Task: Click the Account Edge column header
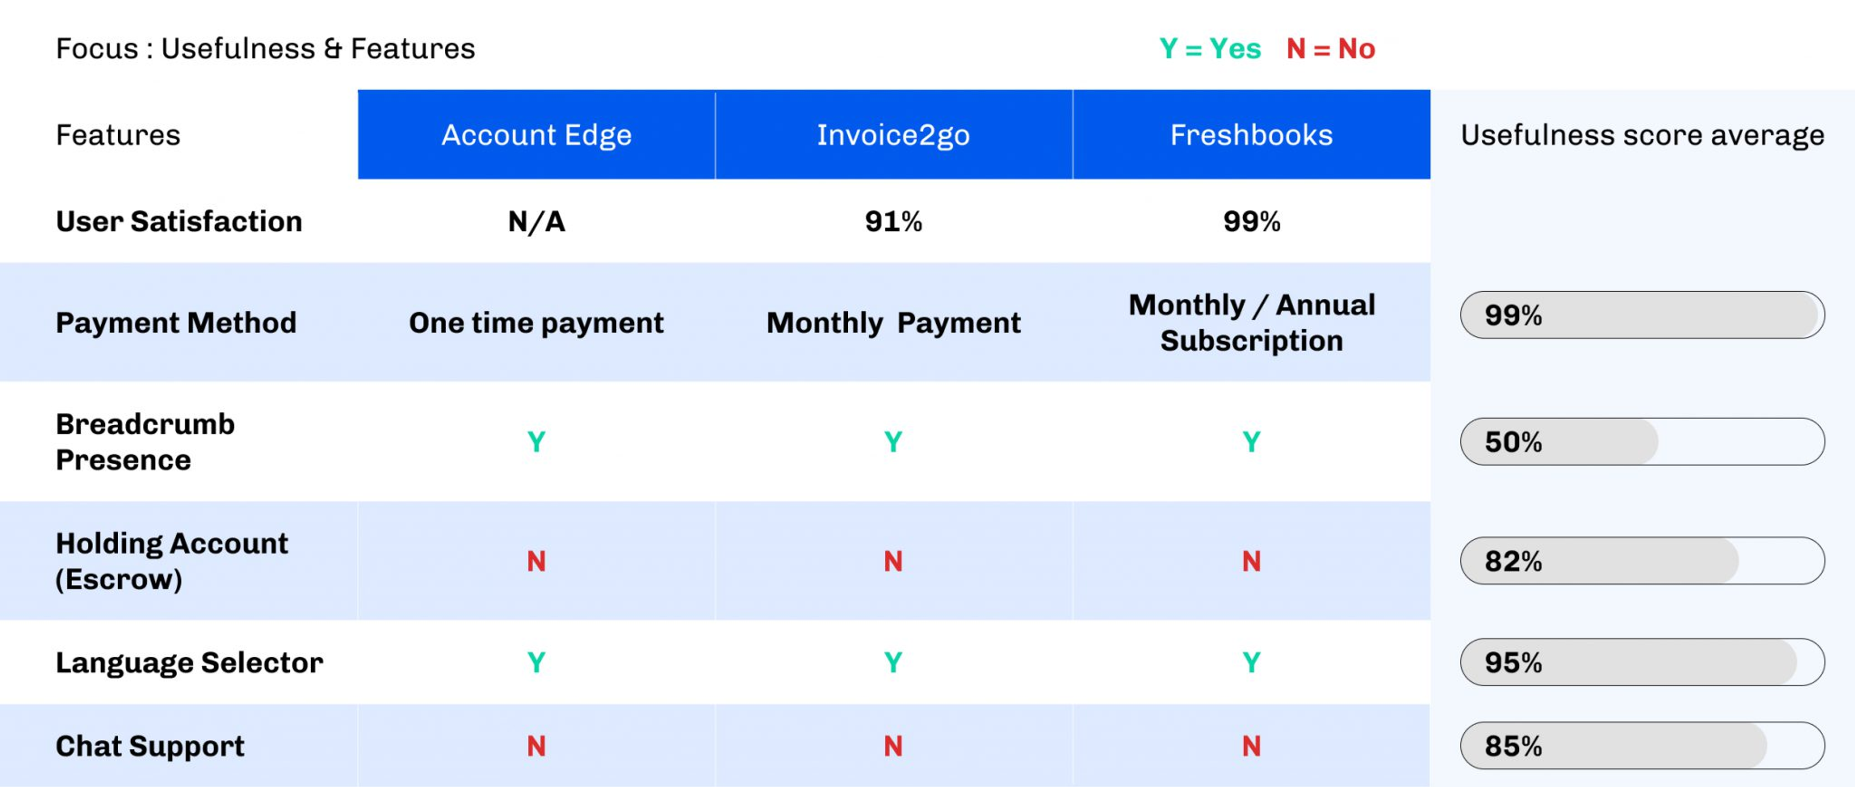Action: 537,134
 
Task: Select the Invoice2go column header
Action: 893,134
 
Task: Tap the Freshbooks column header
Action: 1251,134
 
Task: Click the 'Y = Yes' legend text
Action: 1210,48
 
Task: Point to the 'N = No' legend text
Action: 1331,48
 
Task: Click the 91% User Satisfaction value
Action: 893,221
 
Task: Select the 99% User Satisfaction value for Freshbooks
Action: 1251,221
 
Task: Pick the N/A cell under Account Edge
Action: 537,221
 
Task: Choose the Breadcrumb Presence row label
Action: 146,441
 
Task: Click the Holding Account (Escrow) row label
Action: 172,561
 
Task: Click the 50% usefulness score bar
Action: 1642,441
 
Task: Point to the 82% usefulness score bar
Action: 1642,561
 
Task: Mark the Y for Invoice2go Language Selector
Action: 893,662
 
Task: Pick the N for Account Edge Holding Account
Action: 537,561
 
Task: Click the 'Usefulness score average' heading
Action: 1642,134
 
